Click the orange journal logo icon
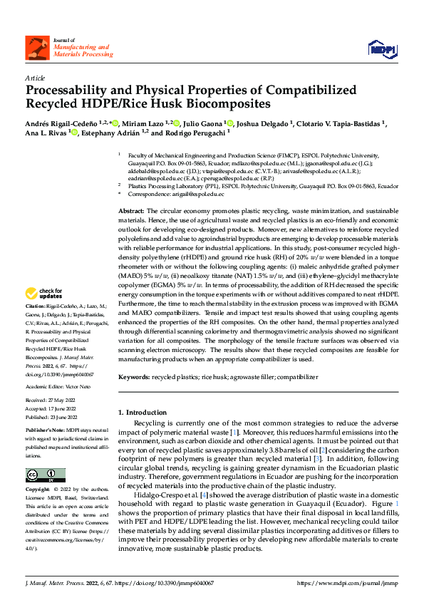pos(37,48)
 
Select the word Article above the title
pos(35,78)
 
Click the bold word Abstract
pos(130,212)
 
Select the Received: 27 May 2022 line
pos(51,401)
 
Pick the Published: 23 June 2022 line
pos(52,415)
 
